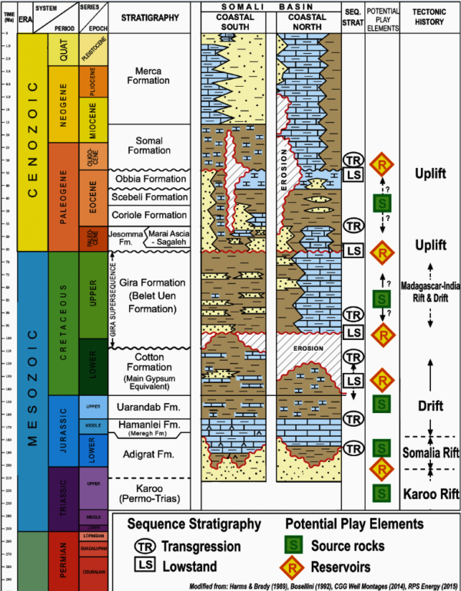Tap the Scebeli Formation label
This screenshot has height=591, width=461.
[151, 197]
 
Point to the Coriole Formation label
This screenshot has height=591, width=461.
[151, 215]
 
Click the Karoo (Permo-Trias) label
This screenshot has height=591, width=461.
[151, 495]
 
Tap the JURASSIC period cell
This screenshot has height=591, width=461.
[61, 431]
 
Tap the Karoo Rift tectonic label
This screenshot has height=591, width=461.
[429, 492]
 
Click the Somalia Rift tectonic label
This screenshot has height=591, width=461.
[429, 453]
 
